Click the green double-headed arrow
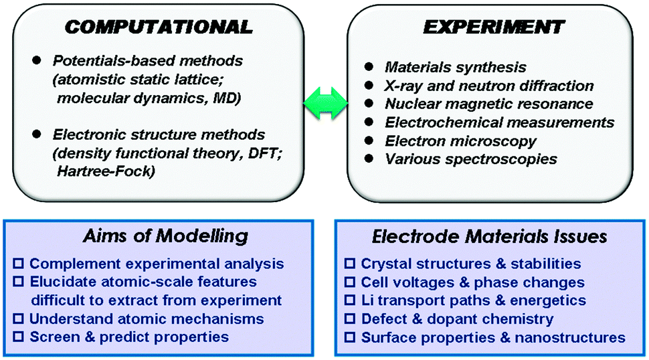(326, 104)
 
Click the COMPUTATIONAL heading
(159, 27)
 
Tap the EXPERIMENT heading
(494, 27)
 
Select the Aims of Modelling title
(165, 236)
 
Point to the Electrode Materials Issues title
(489, 237)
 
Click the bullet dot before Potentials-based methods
(37, 60)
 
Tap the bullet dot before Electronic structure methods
(37, 134)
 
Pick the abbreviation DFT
(263, 153)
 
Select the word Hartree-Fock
(106, 171)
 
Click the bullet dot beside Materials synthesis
(369, 67)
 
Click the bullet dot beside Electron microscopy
(369, 141)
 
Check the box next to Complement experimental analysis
(18, 264)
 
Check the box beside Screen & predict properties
(18, 337)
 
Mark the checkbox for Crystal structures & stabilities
(350, 264)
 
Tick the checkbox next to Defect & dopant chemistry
(350, 319)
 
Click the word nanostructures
(570, 337)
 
